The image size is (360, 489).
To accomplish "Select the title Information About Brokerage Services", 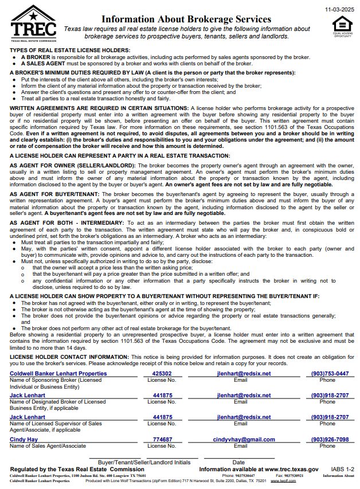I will (x=186, y=19).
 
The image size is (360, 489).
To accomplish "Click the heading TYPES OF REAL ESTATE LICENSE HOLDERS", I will (x=70, y=50).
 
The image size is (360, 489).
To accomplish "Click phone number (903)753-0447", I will (x=330, y=373).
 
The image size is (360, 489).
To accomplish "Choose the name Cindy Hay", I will (x=25, y=439).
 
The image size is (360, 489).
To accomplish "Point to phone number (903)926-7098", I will (x=330, y=439).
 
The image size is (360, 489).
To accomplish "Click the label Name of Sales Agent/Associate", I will (x=48, y=445).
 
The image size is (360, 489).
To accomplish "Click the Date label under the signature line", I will (x=238, y=461).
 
